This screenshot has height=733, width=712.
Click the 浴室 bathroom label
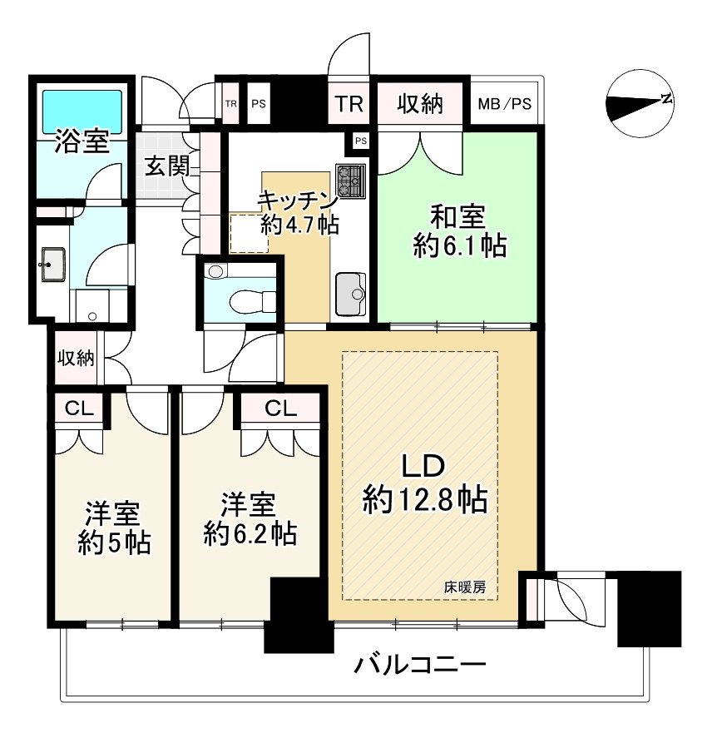pos(82,142)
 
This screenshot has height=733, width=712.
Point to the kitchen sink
pos(351,293)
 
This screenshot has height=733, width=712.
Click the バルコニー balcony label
pos(419,666)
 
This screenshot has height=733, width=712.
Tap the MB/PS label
pos(505,105)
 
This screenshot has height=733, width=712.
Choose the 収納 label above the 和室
pos(418,104)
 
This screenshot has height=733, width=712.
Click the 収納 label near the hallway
pos(75,359)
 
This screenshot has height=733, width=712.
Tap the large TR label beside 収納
pos(349,104)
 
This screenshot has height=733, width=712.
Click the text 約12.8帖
pos(424,501)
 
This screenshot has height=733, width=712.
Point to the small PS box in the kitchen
pos(360,141)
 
